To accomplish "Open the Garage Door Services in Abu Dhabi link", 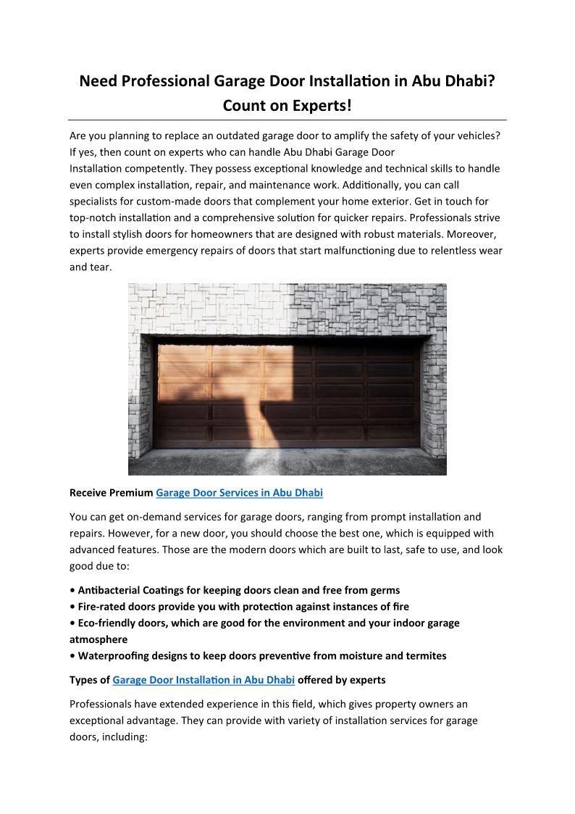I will (x=239, y=493).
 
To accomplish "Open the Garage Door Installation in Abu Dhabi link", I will (x=203, y=680).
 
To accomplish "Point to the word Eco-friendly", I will (x=109, y=623).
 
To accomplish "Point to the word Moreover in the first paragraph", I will (x=475, y=234).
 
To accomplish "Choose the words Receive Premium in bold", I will (x=111, y=493).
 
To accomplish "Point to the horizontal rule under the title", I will (x=287, y=120).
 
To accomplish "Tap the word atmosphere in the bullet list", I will (x=98, y=639).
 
